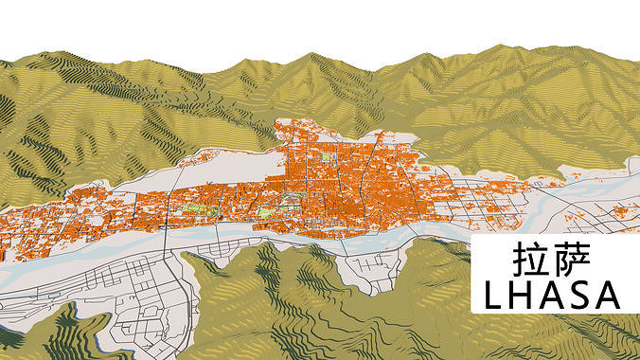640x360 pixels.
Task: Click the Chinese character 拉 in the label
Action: click(529, 260)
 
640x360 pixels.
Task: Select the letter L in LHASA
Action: click(495, 295)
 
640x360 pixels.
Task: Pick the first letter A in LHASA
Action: click(551, 295)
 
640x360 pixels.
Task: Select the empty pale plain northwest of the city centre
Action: click(227, 171)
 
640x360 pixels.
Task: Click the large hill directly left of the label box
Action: click(417, 294)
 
